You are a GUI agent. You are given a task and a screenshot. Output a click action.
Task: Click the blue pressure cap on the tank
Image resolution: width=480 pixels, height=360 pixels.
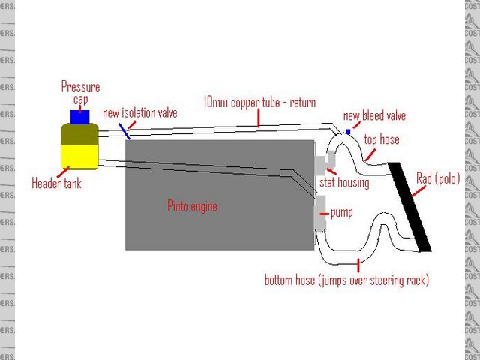tap(79, 115)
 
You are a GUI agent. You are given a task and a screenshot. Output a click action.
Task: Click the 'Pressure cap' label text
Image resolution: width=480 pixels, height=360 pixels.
tap(80, 92)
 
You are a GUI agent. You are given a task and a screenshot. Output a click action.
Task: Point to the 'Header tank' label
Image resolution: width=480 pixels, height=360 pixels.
tap(56, 182)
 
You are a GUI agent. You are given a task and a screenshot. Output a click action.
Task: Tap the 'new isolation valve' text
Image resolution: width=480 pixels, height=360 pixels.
tap(139, 113)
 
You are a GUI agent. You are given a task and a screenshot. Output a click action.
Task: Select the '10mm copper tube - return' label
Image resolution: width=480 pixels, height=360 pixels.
tap(259, 102)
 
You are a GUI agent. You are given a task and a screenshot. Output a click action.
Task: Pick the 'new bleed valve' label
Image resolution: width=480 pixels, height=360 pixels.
tap(374, 115)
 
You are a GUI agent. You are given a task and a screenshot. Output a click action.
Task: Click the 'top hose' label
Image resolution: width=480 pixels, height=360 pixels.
tap(382, 139)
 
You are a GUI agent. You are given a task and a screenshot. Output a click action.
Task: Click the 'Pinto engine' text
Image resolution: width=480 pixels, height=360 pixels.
tap(192, 206)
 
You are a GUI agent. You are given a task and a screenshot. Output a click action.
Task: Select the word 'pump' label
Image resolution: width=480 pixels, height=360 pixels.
tap(341, 212)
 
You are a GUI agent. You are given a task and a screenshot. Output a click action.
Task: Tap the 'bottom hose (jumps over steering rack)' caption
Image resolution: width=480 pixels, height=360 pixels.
tap(346, 280)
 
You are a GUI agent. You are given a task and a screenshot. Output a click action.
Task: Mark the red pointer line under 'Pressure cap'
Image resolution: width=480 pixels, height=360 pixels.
tap(80, 104)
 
